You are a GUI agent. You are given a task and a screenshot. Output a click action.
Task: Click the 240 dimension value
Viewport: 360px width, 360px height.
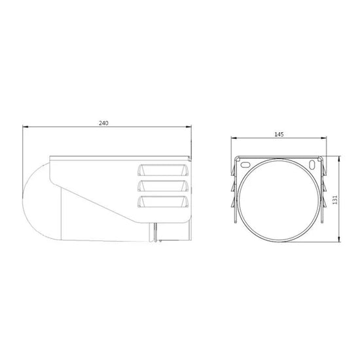(x=103, y=123)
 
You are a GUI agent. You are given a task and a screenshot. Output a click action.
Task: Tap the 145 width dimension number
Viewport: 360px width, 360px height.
(x=279, y=134)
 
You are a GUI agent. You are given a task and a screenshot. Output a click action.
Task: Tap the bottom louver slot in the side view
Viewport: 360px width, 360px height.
(x=164, y=204)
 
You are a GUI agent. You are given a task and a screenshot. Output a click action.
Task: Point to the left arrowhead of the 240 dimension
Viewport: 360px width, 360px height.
(x=25, y=128)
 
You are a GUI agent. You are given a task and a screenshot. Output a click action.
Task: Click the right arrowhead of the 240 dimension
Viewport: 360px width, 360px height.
(x=190, y=128)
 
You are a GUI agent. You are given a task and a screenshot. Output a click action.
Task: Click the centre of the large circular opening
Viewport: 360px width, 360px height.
(x=281, y=200)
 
